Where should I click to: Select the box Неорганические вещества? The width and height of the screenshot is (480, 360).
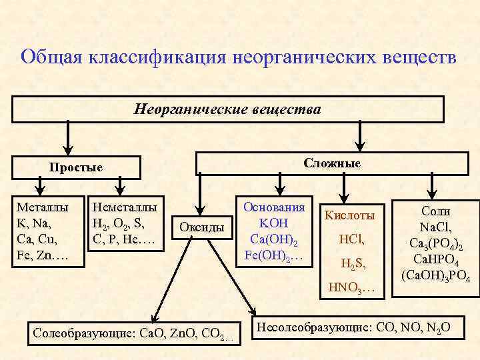(x=227, y=109)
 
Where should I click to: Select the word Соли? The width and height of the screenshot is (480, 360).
(x=436, y=211)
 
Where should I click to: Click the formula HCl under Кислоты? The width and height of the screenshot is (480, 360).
(x=351, y=239)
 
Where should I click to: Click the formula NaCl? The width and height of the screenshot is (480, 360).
(x=436, y=227)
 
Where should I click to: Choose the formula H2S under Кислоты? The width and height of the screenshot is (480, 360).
(x=352, y=264)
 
